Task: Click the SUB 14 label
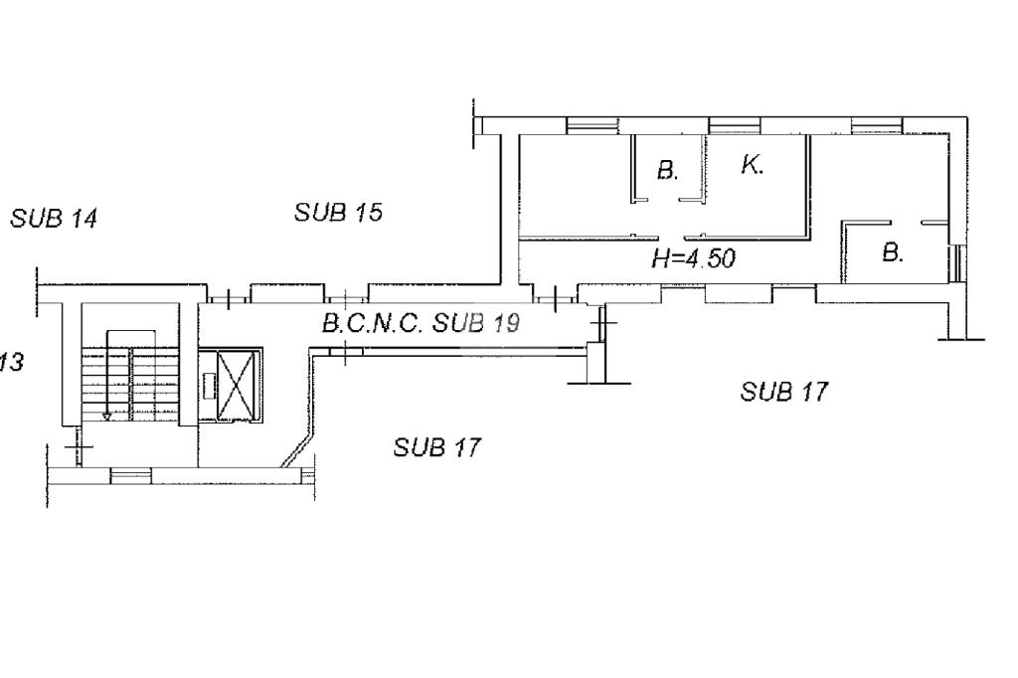point(54,218)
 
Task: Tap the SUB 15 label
point(338,213)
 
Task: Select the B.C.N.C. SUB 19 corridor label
point(421,323)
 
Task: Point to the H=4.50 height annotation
point(693,258)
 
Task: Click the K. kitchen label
point(752,165)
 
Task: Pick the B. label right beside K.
point(667,170)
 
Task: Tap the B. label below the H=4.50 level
point(894,252)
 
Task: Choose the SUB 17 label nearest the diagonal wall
point(437,446)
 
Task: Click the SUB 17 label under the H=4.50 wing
point(783,391)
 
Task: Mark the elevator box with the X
point(238,385)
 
